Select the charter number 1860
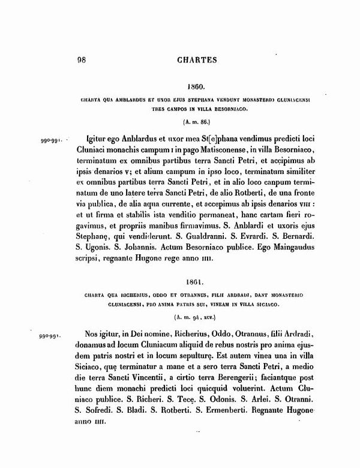tap(196, 86)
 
